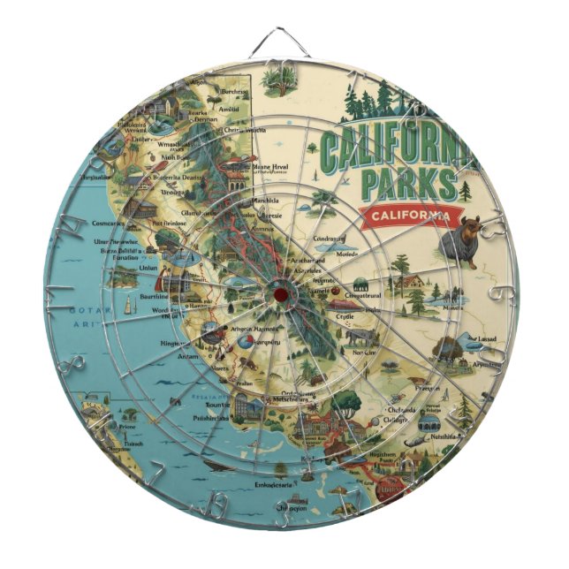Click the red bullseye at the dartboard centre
(x=280, y=291)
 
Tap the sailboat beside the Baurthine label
(x=130, y=304)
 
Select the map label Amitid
(x=229, y=109)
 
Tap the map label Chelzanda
(x=401, y=409)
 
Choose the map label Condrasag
(x=329, y=239)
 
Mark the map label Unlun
(x=148, y=268)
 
